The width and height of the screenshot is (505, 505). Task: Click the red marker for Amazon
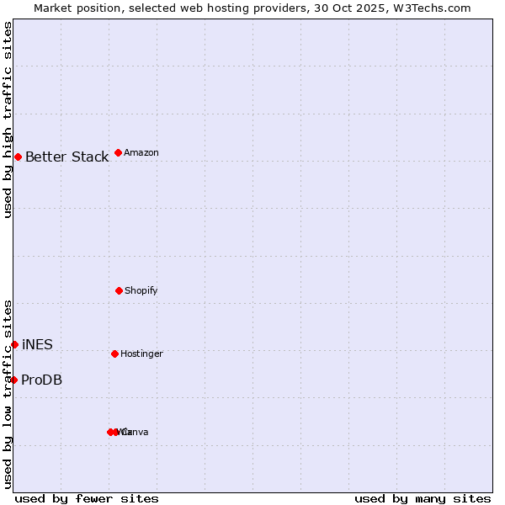point(118,152)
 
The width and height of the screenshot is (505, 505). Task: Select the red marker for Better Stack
point(18,157)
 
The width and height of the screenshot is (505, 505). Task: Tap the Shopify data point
point(119,290)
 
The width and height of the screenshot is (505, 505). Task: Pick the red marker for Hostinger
point(114,353)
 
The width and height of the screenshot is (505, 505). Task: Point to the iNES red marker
point(14,344)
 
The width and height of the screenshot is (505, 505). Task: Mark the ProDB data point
point(13,380)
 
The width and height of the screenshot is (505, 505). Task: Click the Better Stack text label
point(66,157)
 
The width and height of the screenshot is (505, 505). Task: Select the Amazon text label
point(141,152)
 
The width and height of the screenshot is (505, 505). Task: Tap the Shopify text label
point(141,290)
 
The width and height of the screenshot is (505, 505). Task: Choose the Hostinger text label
point(141,353)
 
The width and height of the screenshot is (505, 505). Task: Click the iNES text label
point(37,344)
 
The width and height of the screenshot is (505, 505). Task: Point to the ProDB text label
point(41,380)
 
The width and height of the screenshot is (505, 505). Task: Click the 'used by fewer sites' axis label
point(87,498)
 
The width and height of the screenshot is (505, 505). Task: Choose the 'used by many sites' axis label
point(423,498)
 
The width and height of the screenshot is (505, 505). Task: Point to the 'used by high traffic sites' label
point(8,120)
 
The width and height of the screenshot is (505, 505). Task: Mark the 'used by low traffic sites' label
point(8,394)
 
